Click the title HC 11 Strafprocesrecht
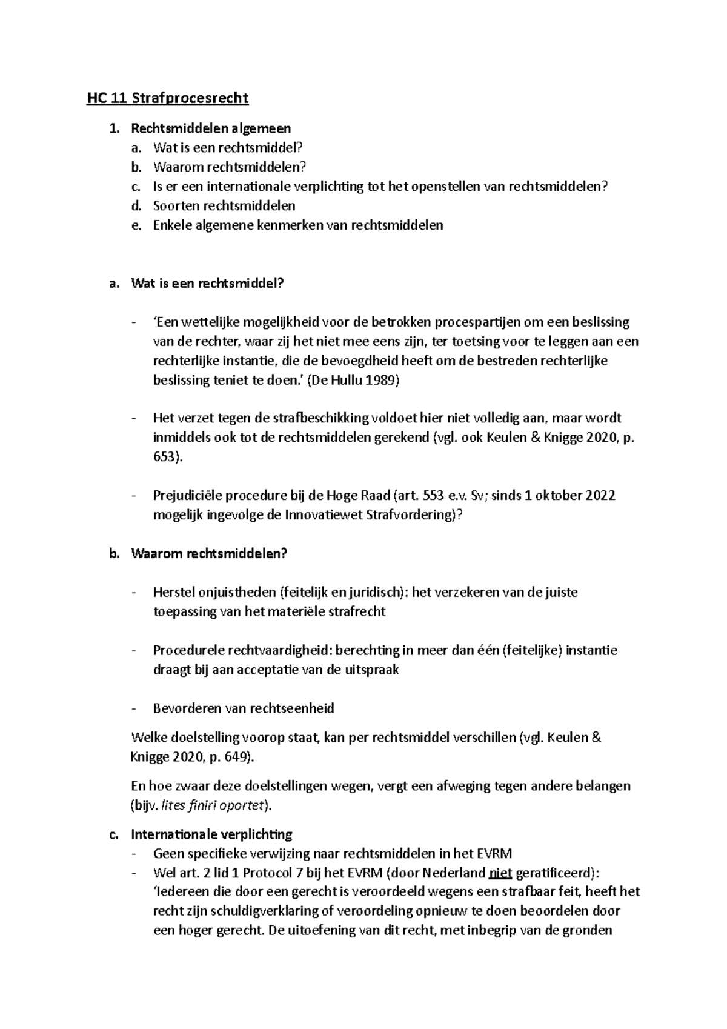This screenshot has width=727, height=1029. pos(168,98)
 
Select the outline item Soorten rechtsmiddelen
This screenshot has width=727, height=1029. pos(224,205)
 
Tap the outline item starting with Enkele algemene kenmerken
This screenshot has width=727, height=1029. pos(298,225)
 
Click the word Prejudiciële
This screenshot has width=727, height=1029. pos(188,496)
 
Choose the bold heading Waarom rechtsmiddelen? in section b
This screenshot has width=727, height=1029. pos(209,554)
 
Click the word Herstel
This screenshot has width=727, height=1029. pos(173,592)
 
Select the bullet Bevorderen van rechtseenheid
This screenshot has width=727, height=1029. pos(244,708)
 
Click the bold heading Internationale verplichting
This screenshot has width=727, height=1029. pos(211,834)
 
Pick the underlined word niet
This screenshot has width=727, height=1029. pos(500,873)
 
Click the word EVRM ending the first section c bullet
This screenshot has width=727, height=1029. pos(494,854)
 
